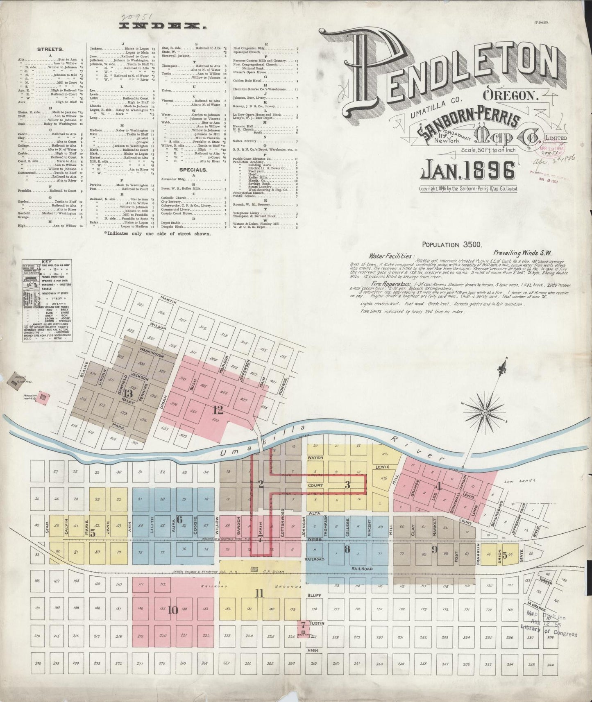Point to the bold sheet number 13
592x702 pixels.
pos(128,394)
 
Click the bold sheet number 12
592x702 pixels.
pos(218,409)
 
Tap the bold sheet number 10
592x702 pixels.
pos(172,610)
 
